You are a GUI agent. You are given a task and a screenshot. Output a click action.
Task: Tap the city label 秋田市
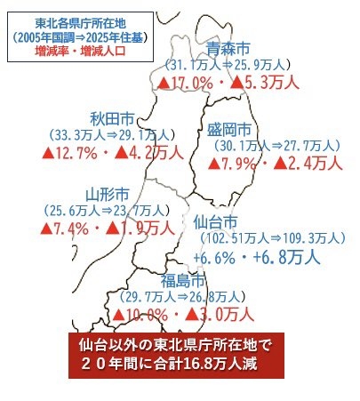112,118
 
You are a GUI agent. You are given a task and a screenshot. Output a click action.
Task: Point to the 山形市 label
108,193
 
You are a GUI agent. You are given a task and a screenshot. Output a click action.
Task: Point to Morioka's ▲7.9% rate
234,164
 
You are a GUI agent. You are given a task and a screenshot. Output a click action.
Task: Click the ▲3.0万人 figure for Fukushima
223,314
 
